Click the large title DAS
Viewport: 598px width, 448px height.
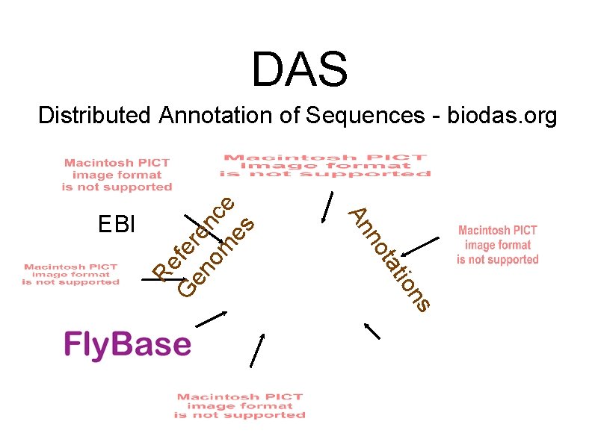tap(299, 69)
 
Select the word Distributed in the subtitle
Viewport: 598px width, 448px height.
tap(95, 116)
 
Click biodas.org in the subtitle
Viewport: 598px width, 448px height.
tap(502, 116)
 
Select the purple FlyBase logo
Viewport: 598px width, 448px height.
tap(127, 344)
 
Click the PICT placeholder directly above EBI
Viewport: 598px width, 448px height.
tap(117, 174)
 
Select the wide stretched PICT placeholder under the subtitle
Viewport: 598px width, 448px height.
tap(326, 166)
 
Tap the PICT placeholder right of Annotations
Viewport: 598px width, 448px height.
tap(498, 245)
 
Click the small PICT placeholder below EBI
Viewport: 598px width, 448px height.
tap(71, 274)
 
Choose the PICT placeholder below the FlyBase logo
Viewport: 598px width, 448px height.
tap(240, 405)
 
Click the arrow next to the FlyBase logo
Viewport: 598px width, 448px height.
tap(210, 320)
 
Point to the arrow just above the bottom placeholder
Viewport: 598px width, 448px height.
tap(257, 350)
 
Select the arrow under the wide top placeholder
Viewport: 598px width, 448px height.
tap(326, 208)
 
